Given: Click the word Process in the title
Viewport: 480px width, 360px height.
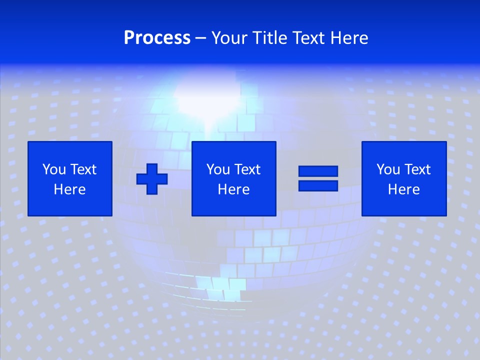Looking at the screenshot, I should pos(157,38).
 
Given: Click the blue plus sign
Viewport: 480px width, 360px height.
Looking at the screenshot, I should pos(152,179).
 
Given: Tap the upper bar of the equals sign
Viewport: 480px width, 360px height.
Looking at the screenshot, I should pos(318,171).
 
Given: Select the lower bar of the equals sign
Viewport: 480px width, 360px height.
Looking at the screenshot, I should pos(318,185).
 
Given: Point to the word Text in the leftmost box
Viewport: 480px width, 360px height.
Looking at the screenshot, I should pos(82,169).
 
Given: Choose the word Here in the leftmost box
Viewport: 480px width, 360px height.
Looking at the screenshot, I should pos(69,189).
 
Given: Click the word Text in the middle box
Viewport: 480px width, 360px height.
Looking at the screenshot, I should pos(246,169).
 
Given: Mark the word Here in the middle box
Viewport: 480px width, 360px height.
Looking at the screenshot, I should pos(233,189).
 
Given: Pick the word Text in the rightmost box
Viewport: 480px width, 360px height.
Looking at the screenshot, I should pos(416,169).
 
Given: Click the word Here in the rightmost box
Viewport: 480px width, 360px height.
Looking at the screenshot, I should pos(403,189).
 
